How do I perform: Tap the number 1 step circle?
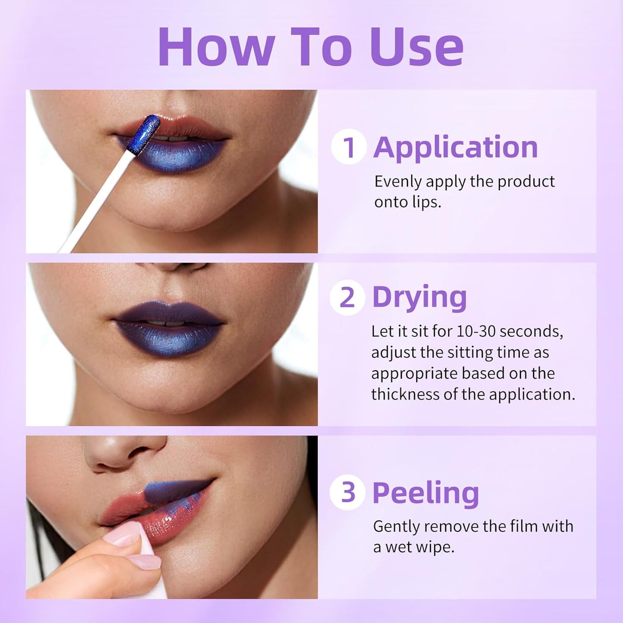[349, 147]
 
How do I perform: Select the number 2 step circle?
[347, 297]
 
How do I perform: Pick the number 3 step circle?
[348, 492]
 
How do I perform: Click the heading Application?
[455, 147]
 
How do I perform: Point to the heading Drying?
[419, 297]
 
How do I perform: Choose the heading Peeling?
[426, 492]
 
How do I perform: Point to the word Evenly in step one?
[398, 182]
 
